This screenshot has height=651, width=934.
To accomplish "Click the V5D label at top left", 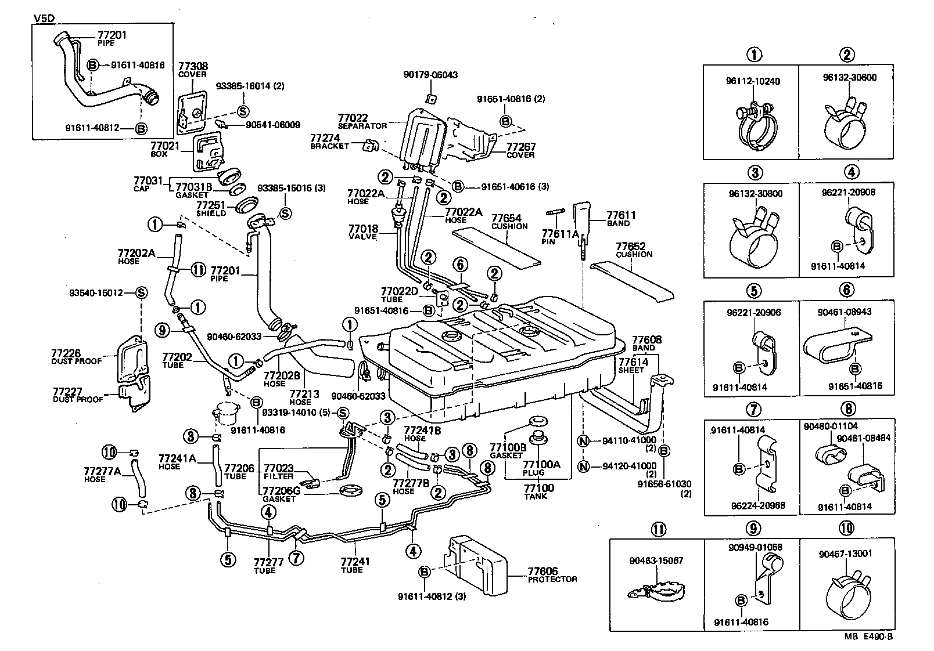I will pyautogui.click(x=44, y=17).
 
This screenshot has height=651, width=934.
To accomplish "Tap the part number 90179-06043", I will pyautogui.click(x=430, y=75).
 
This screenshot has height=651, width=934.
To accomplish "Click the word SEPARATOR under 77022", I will pyautogui.click(x=362, y=126).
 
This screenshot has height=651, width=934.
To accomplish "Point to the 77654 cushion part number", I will pyautogui.click(x=506, y=218).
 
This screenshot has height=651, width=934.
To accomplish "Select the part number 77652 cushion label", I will pyautogui.click(x=631, y=247).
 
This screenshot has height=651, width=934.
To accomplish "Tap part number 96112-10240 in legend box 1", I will pyautogui.click(x=753, y=81).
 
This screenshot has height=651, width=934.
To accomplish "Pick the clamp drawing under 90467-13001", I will pyautogui.click(x=846, y=595).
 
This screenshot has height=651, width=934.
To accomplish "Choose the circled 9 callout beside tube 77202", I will pyautogui.click(x=163, y=331).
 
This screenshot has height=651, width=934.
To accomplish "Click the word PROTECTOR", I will pyautogui.click(x=552, y=579).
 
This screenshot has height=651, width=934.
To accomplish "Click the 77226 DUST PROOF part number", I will pyautogui.click(x=66, y=353).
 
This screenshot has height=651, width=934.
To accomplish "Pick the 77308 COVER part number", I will pyautogui.click(x=193, y=67).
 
